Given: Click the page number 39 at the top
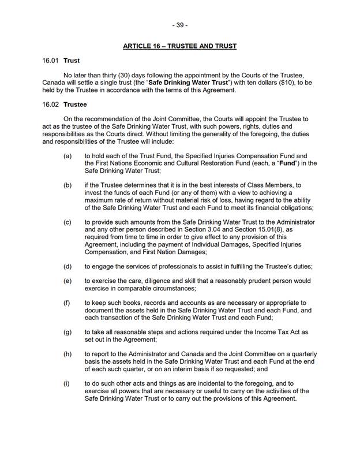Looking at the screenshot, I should (179, 25).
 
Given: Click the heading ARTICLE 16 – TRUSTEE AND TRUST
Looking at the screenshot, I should (179, 46).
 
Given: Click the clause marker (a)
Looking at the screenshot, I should (67, 156).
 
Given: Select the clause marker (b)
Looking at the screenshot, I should (67, 185).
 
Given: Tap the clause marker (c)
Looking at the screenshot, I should (67, 222).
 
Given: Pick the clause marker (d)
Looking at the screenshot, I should (67, 266).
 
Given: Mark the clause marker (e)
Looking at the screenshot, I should (67, 281).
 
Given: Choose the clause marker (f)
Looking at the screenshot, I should (67, 303).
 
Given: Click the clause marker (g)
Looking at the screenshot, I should (67, 332).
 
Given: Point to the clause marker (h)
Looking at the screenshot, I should (67, 353).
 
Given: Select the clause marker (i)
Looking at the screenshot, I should (67, 383).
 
